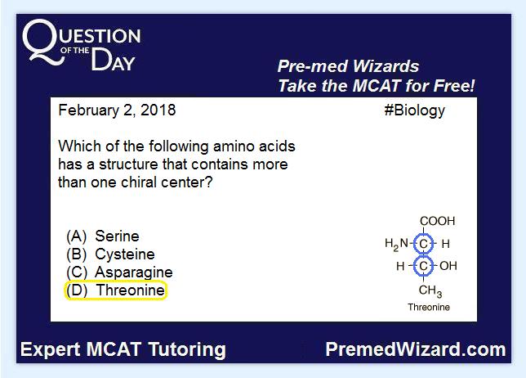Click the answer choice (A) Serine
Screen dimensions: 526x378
103,236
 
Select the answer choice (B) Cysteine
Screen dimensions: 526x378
110,254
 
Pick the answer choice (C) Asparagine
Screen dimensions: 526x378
119,272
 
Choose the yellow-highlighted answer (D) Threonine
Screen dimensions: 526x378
115,290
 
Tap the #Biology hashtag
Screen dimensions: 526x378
414,110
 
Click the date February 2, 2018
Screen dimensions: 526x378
117,110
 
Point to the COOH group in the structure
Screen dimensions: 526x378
438,221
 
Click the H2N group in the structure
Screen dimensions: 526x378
396,245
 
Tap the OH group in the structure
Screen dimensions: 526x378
448,266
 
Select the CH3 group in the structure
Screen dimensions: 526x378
430,291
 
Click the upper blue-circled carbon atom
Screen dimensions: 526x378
423,244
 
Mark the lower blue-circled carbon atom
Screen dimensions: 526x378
423,266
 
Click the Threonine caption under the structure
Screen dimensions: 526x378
429,307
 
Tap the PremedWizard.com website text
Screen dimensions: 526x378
416,349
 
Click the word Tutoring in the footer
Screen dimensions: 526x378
187,350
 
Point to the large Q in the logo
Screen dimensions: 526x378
43,41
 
